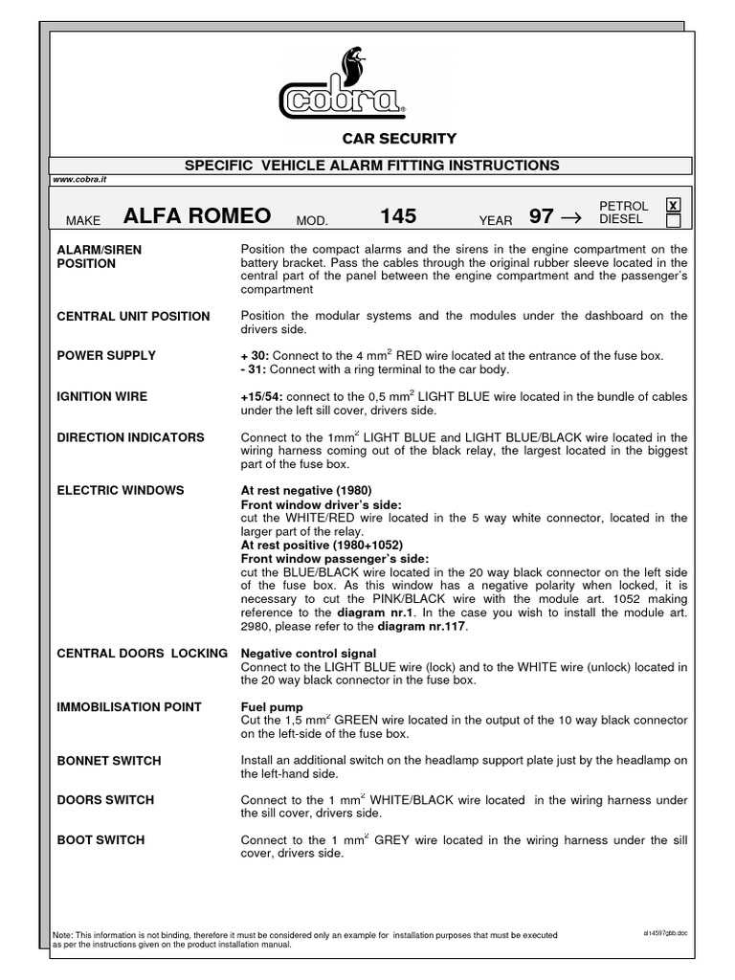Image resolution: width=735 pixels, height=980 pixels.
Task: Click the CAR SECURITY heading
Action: [399, 139]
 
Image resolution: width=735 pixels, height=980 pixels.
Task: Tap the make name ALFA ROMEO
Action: [197, 215]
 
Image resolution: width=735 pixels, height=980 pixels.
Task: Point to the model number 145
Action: [398, 215]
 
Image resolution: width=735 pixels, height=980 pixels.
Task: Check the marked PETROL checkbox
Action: [673, 206]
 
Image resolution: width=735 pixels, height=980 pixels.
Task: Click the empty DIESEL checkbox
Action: [673, 221]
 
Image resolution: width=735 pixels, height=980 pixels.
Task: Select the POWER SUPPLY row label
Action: [106, 355]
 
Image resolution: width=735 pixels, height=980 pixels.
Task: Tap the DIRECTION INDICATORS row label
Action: [130, 437]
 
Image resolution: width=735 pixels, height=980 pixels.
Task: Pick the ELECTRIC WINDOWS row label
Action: [121, 490]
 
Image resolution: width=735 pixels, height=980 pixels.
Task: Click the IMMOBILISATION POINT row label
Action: [129, 706]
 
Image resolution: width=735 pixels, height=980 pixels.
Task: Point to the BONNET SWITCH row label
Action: [109, 761]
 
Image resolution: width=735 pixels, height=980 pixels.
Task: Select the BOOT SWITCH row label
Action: [100, 839]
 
